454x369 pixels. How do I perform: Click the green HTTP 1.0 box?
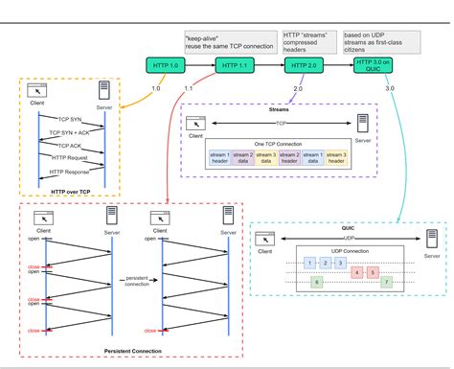coord(162,66)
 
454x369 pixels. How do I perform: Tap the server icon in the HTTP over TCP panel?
coord(102,91)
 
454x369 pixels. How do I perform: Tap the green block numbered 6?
coord(316,282)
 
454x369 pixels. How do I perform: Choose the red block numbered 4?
coord(357,271)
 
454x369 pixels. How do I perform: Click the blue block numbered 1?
coord(309,262)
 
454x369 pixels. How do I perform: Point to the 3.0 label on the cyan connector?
coord(389,88)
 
